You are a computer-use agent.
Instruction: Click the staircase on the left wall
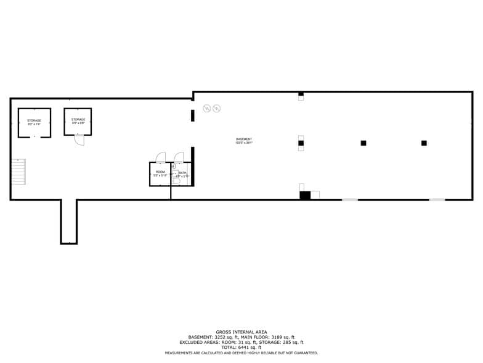pos(19,172)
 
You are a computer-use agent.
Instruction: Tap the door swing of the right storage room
pos(79,140)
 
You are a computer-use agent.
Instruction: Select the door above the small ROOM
pos(161,157)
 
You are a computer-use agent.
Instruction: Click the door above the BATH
pos(179,157)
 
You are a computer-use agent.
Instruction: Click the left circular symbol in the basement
pos(208,109)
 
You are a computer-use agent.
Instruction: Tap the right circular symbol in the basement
pos(216,109)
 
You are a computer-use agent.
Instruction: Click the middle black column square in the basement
pos(363,143)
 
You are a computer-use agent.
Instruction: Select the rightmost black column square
pos(424,143)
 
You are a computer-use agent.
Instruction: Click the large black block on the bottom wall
pos(305,195)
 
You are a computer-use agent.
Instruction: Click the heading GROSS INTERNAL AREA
pos(241,332)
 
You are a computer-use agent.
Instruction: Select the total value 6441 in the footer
pos(243,347)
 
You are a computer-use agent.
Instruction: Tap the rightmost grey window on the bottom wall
pos(437,199)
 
